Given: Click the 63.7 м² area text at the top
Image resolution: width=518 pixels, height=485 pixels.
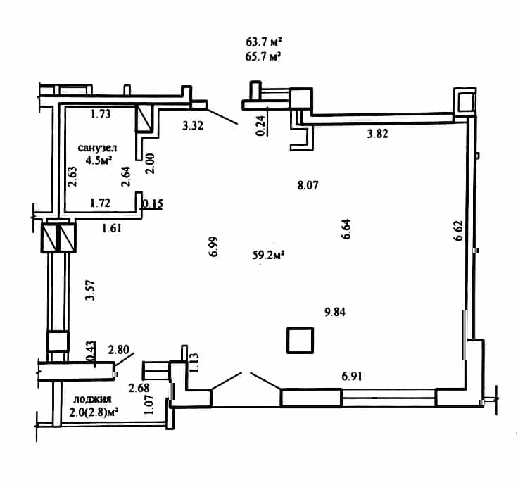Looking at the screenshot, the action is (264, 42).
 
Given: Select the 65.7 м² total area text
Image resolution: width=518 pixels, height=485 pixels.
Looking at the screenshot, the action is (263, 56).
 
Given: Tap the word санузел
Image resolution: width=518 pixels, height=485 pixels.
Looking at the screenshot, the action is (97, 148).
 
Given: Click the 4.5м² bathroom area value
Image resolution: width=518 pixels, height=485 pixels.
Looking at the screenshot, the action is (99, 160).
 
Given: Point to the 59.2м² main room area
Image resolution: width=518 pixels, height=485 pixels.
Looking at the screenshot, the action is (269, 255).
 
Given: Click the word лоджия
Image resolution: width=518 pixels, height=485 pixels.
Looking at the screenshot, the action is (92, 399).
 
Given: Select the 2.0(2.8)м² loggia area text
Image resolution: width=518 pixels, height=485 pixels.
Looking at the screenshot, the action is (94, 412).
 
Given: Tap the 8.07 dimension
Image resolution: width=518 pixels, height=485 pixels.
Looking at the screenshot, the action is (308, 185).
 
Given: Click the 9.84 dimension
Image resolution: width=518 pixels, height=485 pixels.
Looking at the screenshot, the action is (335, 312).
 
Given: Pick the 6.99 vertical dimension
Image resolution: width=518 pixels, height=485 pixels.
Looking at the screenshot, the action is (214, 246).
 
